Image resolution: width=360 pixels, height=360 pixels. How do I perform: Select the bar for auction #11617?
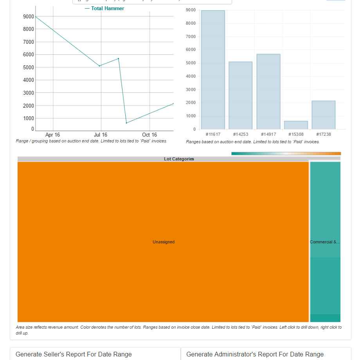click(213, 70)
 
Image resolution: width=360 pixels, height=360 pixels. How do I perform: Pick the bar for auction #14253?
click(240, 95)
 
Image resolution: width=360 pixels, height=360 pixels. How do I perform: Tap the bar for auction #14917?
click(268, 92)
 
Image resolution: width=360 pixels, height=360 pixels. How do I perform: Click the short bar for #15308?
click(296, 125)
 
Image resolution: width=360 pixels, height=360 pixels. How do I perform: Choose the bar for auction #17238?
click(323, 115)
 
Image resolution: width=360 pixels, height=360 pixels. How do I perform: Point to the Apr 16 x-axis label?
click(52, 135)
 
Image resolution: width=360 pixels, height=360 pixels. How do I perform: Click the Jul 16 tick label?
click(101, 135)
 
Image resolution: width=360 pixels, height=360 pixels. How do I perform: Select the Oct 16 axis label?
click(149, 135)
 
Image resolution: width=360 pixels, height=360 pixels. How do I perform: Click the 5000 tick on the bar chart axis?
click(191, 63)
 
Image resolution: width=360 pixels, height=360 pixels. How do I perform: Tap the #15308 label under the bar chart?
click(296, 134)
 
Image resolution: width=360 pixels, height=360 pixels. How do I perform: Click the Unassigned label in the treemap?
click(164, 242)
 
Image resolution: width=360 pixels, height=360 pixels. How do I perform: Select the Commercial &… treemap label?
click(325, 242)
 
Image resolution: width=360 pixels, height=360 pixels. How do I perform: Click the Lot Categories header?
click(179, 159)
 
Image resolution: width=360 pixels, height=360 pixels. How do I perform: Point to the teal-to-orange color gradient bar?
click(286, 153)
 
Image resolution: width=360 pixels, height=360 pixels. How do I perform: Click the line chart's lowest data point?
click(126, 123)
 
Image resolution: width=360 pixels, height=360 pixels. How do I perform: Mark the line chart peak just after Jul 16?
click(118, 59)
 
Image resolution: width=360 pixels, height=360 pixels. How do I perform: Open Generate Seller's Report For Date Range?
click(74, 354)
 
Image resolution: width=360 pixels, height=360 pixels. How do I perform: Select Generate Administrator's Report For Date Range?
click(255, 354)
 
